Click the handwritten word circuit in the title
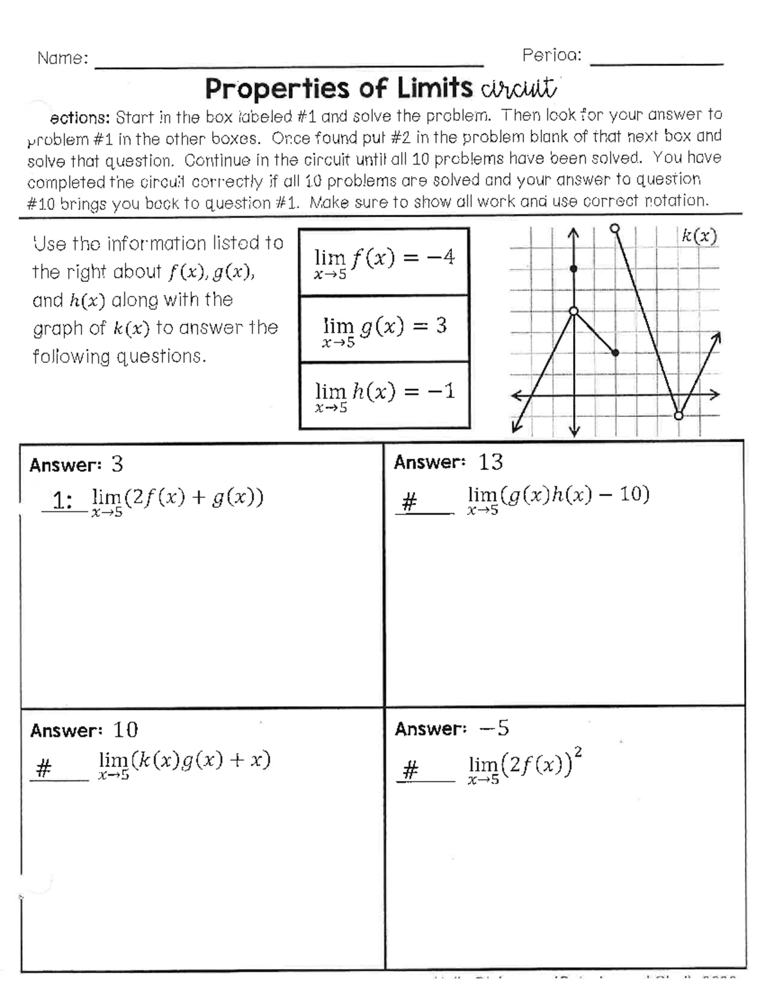pos(520,89)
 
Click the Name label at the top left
pos(62,58)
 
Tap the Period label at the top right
pos(551,55)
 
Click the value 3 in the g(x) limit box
pos(441,326)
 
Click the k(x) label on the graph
pos(699,237)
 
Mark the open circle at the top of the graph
pos(615,228)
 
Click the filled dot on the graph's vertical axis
pos(573,269)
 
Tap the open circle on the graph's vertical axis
pos(573,311)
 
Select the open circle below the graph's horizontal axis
pos(678,416)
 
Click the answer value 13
pos(490,462)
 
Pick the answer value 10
pos(126,730)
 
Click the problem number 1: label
pos(62,500)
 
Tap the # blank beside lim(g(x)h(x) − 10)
pos(409,504)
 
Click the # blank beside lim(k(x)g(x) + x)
pos(43,770)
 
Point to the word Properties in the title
pos(277,89)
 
